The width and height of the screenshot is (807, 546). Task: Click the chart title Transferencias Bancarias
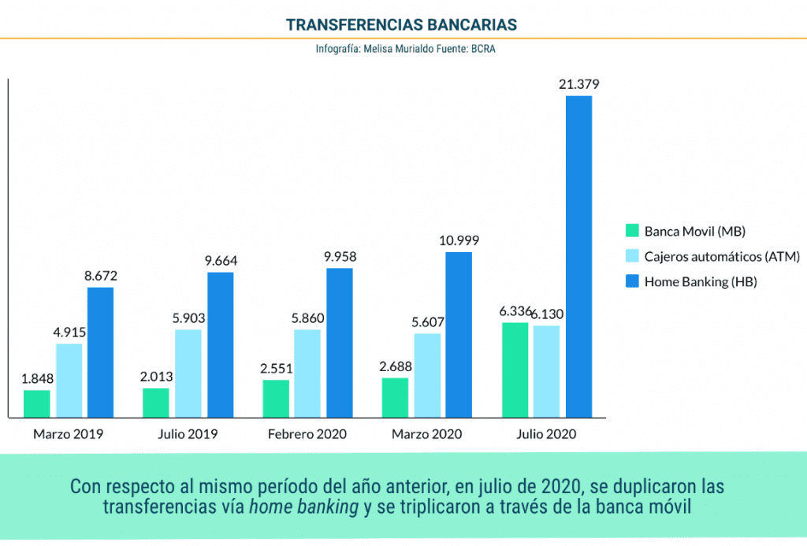tap(402, 24)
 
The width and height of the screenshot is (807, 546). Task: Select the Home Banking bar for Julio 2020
tap(578, 256)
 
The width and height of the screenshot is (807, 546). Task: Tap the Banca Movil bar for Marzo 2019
tap(37, 403)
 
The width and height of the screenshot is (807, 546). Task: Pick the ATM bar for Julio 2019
tap(188, 373)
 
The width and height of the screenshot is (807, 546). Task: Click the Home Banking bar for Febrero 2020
tap(340, 343)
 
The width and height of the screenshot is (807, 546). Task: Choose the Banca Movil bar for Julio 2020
tap(515, 370)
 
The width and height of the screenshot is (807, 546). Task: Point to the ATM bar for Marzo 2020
tap(426, 375)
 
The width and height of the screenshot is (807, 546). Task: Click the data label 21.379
tap(578, 84)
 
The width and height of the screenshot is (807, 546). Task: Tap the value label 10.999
tap(459, 240)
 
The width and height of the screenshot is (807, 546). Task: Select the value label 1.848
tap(37, 378)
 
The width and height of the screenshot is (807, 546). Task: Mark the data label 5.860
tap(307, 318)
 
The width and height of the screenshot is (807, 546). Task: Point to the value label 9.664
tap(220, 261)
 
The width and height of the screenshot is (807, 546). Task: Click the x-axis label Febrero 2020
tap(307, 434)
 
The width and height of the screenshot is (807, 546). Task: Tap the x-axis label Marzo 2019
tap(69, 434)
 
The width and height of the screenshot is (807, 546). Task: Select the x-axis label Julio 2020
tap(546, 434)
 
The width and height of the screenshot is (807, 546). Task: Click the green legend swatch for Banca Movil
tap(631, 231)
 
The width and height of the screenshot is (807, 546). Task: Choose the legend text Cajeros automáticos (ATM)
tap(722, 256)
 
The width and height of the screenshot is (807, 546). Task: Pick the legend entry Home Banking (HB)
tap(700, 281)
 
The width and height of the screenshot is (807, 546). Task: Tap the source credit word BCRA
tap(482, 49)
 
